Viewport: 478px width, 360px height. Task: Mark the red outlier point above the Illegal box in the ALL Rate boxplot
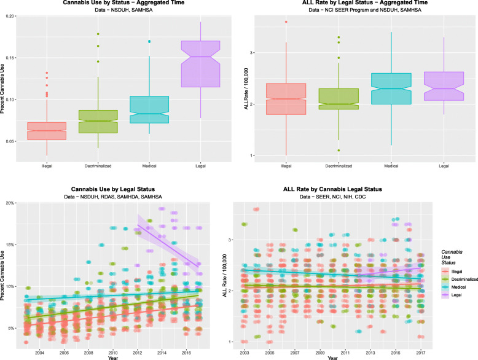tap(286, 22)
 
